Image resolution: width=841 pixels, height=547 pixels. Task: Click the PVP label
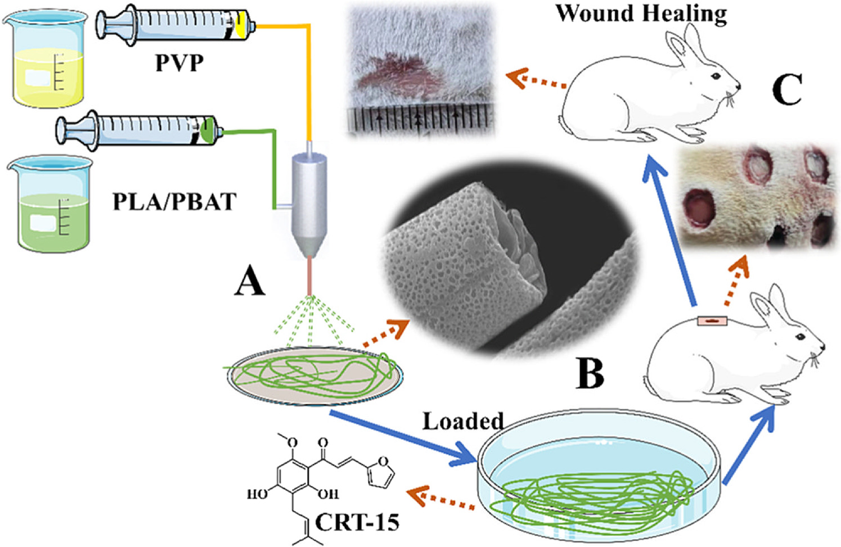pyautogui.click(x=179, y=62)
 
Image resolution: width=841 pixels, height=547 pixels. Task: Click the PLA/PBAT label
pyautogui.click(x=174, y=201)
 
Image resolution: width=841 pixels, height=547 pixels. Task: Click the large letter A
pyautogui.click(x=249, y=281)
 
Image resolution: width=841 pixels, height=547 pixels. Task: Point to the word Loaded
pyautogui.click(x=462, y=421)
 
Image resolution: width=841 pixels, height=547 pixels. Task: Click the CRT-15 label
pyautogui.click(x=357, y=522)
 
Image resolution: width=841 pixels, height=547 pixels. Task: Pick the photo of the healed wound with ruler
pyautogui.click(x=420, y=70)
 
